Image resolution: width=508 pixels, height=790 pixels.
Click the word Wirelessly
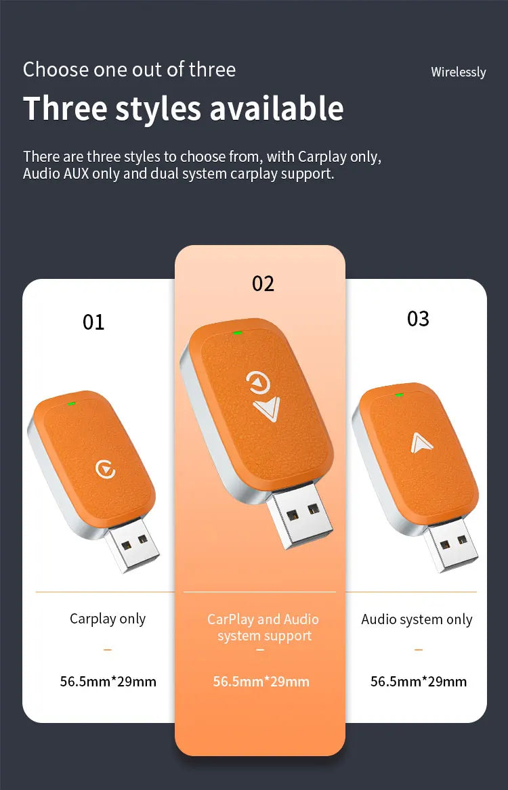pos(458,72)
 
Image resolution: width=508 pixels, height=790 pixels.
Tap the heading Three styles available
pos(184,108)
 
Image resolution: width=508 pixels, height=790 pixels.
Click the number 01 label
pos(93,322)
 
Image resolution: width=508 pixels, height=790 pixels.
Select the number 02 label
pos(263,284)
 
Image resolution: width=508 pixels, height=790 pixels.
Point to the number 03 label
pos(419,319)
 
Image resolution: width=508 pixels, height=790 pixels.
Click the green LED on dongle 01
pos(72,403)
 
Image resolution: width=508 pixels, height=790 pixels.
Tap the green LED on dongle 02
pos(237,332)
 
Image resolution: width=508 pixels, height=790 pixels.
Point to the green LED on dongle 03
pos(399,395)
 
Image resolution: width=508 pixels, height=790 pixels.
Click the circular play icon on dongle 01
pos(106,470)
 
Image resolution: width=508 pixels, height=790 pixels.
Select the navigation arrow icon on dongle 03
pos(419,443)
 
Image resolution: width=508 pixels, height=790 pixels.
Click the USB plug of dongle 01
pos(132,546)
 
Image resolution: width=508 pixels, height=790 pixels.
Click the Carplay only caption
pos(108,619)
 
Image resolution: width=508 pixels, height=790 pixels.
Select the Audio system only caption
pos(417,619)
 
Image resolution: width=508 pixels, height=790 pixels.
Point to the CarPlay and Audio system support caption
pos(263,628)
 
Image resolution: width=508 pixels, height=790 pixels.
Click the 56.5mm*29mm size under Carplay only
pos(108,682)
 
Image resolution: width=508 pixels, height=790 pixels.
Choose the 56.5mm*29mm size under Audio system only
pos(419,682)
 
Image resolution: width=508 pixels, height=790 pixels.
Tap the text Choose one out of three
pos(129,70)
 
